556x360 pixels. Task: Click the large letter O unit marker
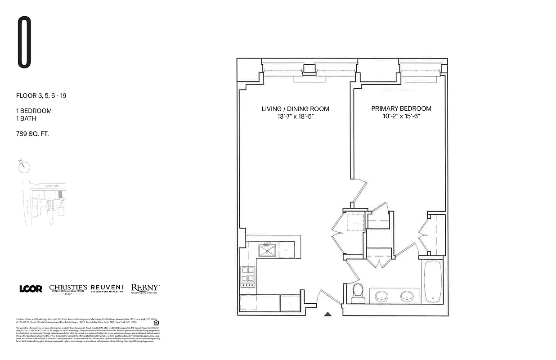pyautogui.click(x=24, y=42)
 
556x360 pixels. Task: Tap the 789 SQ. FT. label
pyautogui.click(x=32, y=134)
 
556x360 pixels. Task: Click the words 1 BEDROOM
pyautogui.click(x=34, y=111)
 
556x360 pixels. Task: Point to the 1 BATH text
pyautogui.click(x=26, y=119)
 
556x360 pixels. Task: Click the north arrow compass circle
pyautogui.click(x=25, y=167)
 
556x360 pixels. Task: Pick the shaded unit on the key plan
pyautogui.click(x=60, y=194)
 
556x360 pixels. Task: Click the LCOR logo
pyautogui.click(x=31, y=289)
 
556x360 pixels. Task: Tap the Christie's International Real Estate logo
pyautogui.click(x=68, y=289)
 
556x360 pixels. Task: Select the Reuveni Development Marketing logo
pyautogui.click(x=107, y=288)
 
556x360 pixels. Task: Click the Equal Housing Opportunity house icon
pyautogui.click(x=156, y=322)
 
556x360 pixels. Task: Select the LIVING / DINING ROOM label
pyautogui.click(x=295, y=109)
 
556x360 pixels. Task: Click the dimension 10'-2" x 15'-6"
pyautogui.click(x=401, y=116)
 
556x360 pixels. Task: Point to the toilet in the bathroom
pyautogui.click(x=359, y=292)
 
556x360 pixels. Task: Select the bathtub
pyautogui.click(x=432, y=281)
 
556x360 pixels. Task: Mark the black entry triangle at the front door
pyautogui.click(x=328, y=314)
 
